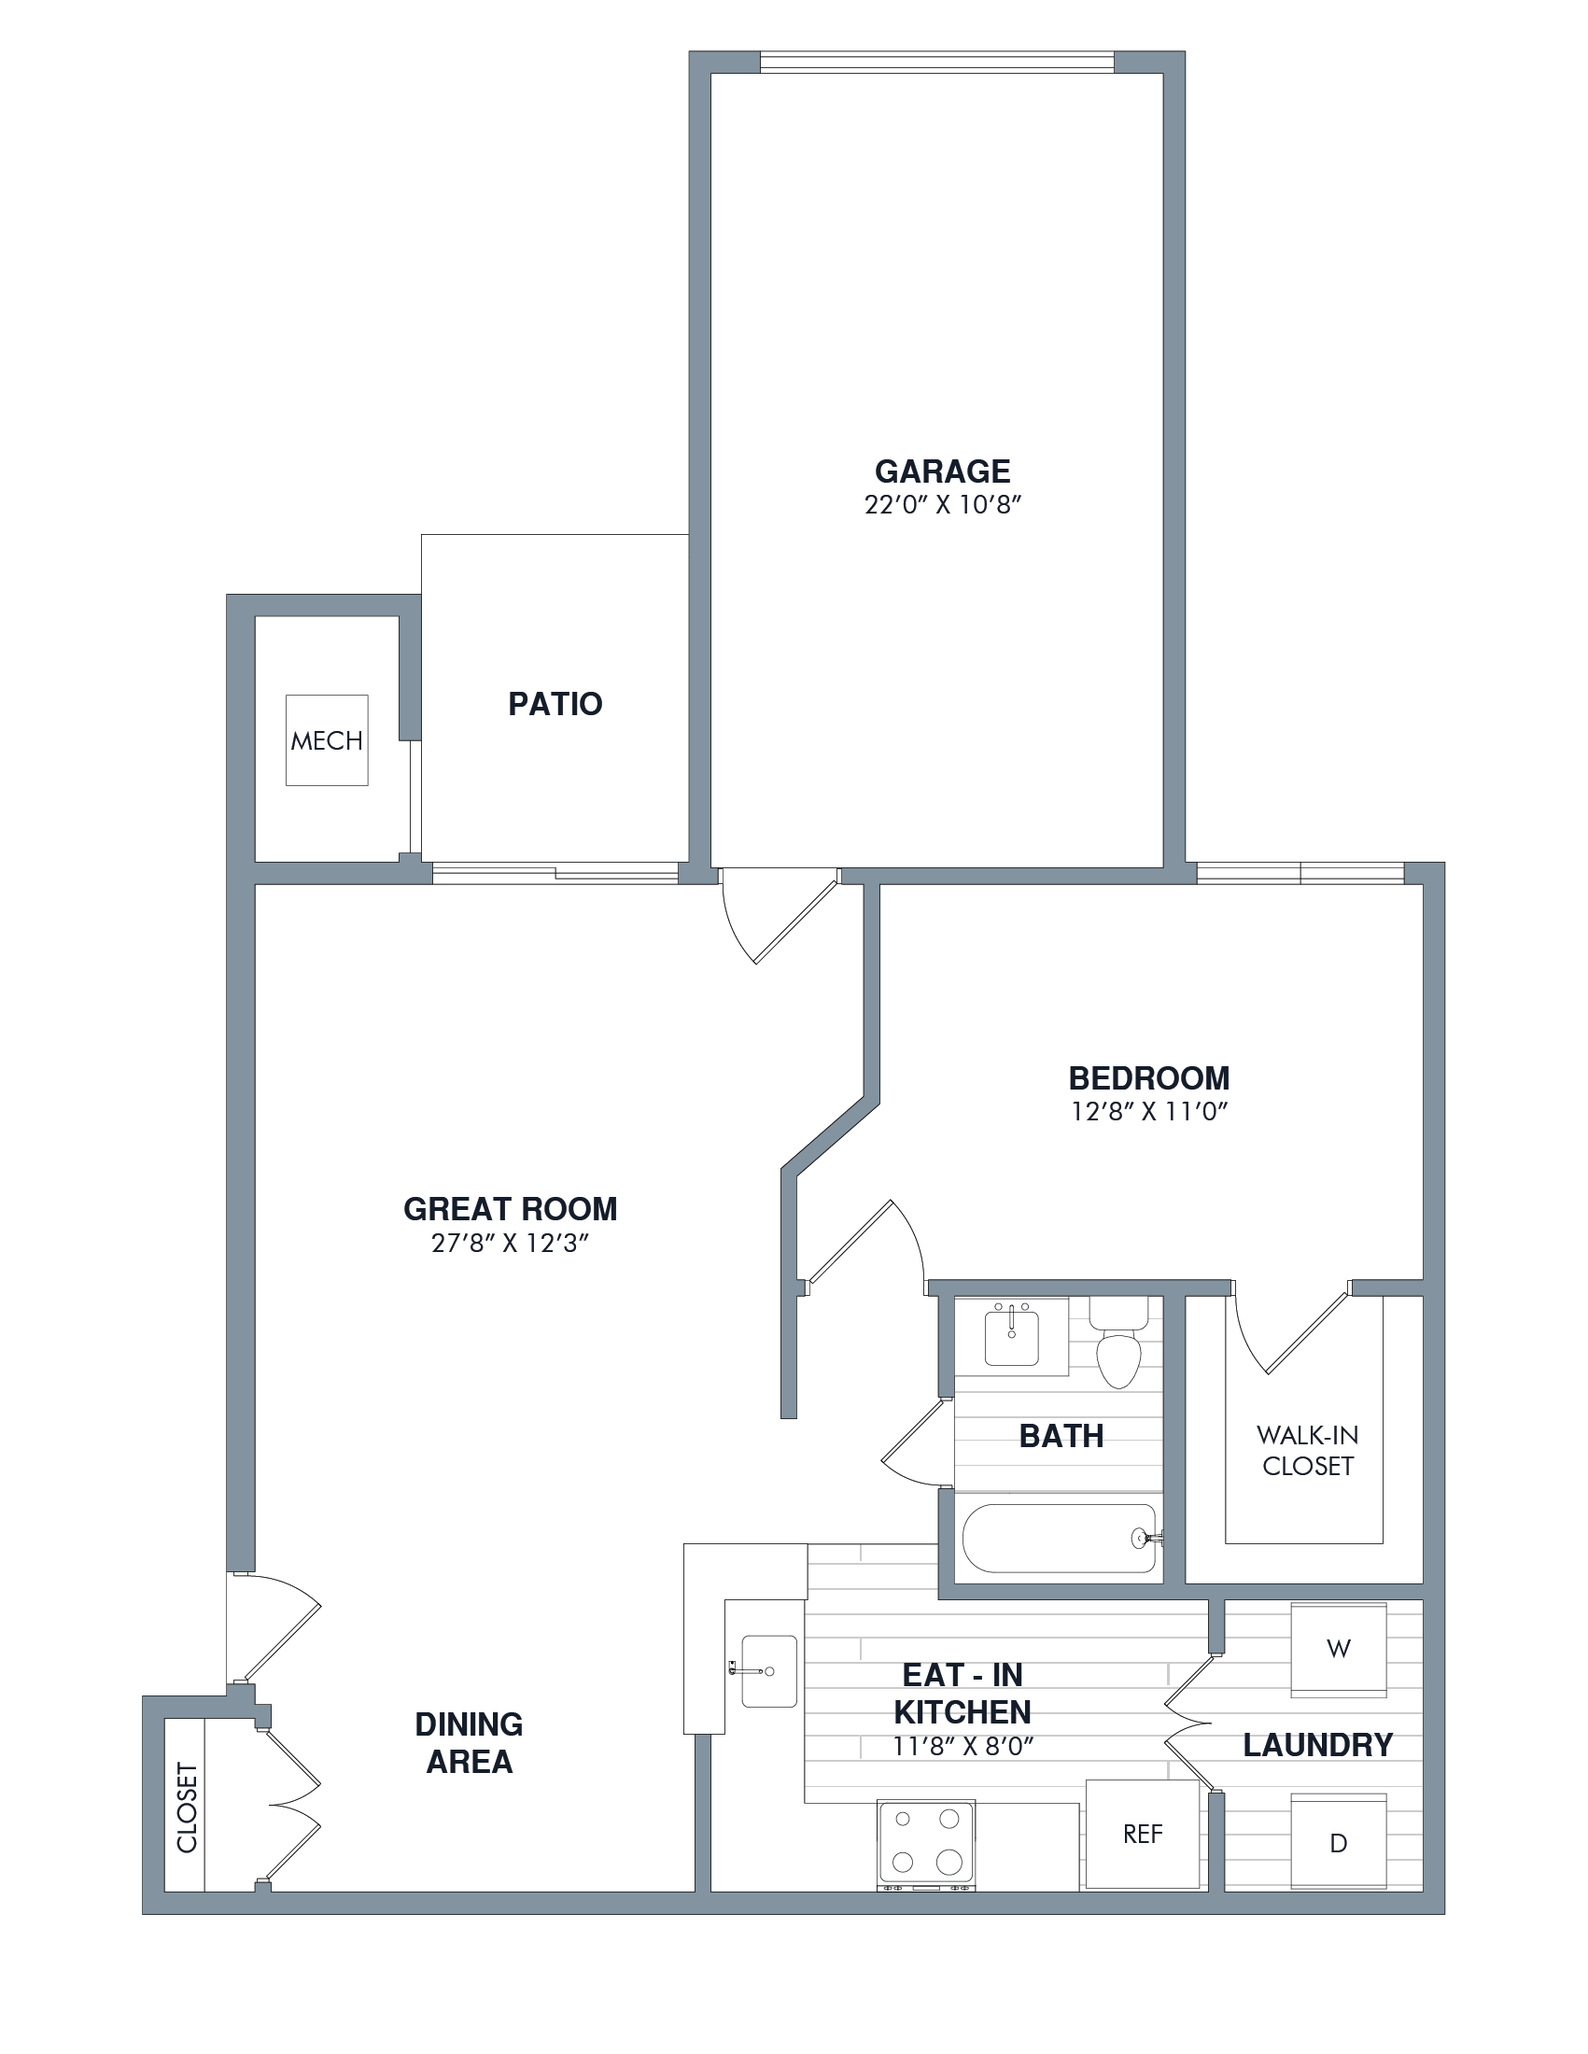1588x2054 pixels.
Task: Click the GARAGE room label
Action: (x=942, y=471)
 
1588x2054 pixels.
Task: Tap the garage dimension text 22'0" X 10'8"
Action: (x=942, y=505)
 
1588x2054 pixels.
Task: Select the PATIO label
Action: (x=555, y=703)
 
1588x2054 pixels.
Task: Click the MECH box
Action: (x=326, y=740)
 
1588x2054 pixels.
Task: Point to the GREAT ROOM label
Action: (x=511, y=1208)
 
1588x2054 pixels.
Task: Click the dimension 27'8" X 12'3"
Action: (x=511, y=1244)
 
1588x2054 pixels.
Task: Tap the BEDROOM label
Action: (x=1149, y=1077)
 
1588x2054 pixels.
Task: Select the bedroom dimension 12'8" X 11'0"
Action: (x=1149, y=1112)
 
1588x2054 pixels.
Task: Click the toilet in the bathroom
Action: (x=1118, y=1342)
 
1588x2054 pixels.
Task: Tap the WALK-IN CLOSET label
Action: (x=1307, y=1450)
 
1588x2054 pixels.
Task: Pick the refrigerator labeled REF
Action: (x=1143, y=1834)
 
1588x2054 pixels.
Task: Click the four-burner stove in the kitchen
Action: (x=926, y=1845)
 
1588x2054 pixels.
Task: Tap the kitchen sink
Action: (x=768, y=1671)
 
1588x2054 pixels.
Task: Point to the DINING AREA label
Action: (x=470, y=1743)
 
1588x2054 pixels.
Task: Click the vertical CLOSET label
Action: (x=187, y=1807)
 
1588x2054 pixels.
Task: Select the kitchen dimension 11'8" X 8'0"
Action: (x=963, y=1747)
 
